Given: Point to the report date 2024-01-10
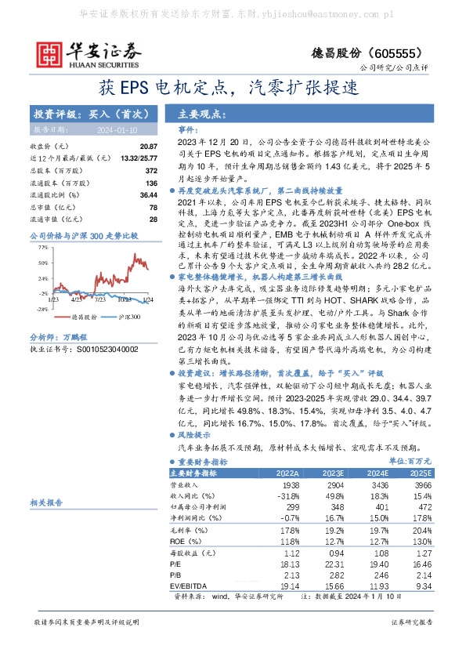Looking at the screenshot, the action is [117, 129].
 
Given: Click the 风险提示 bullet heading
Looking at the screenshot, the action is [194, 434].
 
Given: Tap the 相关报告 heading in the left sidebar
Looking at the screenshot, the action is [46, 502].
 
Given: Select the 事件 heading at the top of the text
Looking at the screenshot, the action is [188, 129].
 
